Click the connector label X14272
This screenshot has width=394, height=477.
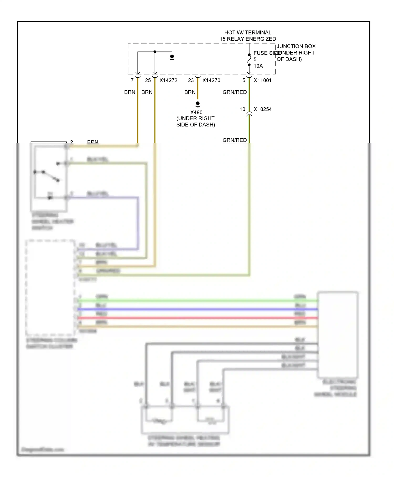pyautogui.click(x=168, y=80)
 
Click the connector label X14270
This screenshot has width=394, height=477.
pyautogui.click(x=211, y=80)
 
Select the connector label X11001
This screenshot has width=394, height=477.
pyautogui.click(x=262, y=80)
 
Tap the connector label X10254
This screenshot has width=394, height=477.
pyautogui.click(x=262, y=109)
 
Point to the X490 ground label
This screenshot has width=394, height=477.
pyautogui.click(x=196, y=113)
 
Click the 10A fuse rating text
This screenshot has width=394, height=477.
pyautogui.click(x=258, y=66)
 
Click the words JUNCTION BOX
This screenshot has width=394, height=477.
pyautogui.click(x=296, y=46)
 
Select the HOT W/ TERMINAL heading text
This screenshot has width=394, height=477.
pyautogui.click(x=248, y=33)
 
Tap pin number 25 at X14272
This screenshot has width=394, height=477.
pyautogui.click(x=148, y=80)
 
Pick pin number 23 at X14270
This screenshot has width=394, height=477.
pyautogui.click(x=191, y=80)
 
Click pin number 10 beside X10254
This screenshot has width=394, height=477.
pyautogui.click(x=242, y=109)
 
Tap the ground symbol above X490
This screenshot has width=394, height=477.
pyautogui.click(x=198, y=104)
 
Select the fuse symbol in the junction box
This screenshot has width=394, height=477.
pyautogui.click(x=249, y=60)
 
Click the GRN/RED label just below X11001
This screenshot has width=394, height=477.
pyautogui.click(x=235, y=92)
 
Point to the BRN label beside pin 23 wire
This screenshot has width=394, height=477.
pyautogui.click(x=190, y=92)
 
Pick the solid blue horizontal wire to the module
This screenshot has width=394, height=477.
pyautogui.click(x=197, y=309)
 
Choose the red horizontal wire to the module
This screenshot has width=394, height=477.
pyautogui.click(x=197, y=318)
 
